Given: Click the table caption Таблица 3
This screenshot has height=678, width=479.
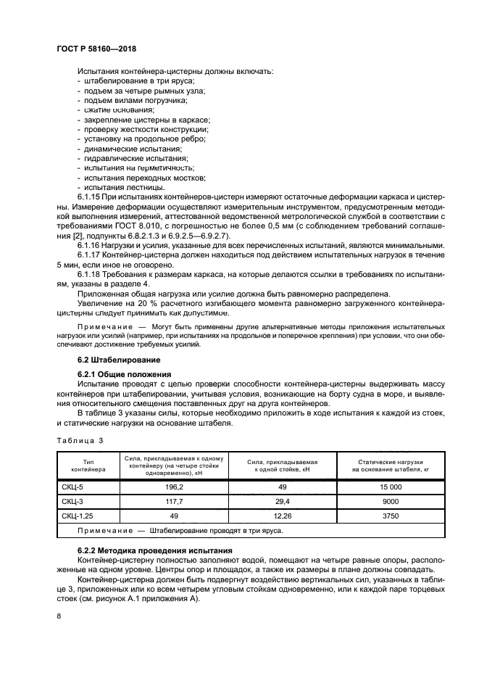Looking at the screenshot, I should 80,441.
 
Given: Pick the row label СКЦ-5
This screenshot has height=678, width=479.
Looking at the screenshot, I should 74,488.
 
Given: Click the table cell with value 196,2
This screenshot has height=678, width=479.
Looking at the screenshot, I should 174,488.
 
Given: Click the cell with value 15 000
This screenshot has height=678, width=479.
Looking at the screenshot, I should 390,488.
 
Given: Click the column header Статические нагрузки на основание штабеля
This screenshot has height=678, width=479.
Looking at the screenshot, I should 390,466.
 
